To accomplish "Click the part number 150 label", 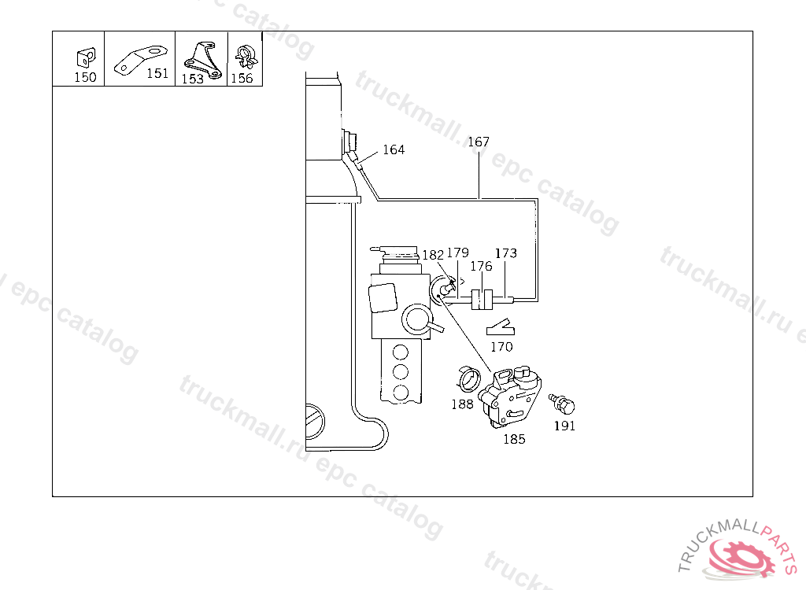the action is pos(85,77).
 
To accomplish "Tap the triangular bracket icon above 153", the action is pos(201,57).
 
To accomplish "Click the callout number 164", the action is pos(394,150).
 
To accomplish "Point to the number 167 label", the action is pos(479,142).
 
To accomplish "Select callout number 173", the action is pos(506,253).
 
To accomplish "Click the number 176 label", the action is pos(481,267).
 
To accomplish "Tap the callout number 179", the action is pos(457,253).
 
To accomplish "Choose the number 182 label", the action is pos(433,255).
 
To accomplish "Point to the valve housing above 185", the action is pos(513,397).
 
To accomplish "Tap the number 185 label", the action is pos(514,440).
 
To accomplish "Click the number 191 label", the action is pos(564,426).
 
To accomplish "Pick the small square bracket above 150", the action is pos(84,57).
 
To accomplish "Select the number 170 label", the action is pos(501,347).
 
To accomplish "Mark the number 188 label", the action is pos(462,404).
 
